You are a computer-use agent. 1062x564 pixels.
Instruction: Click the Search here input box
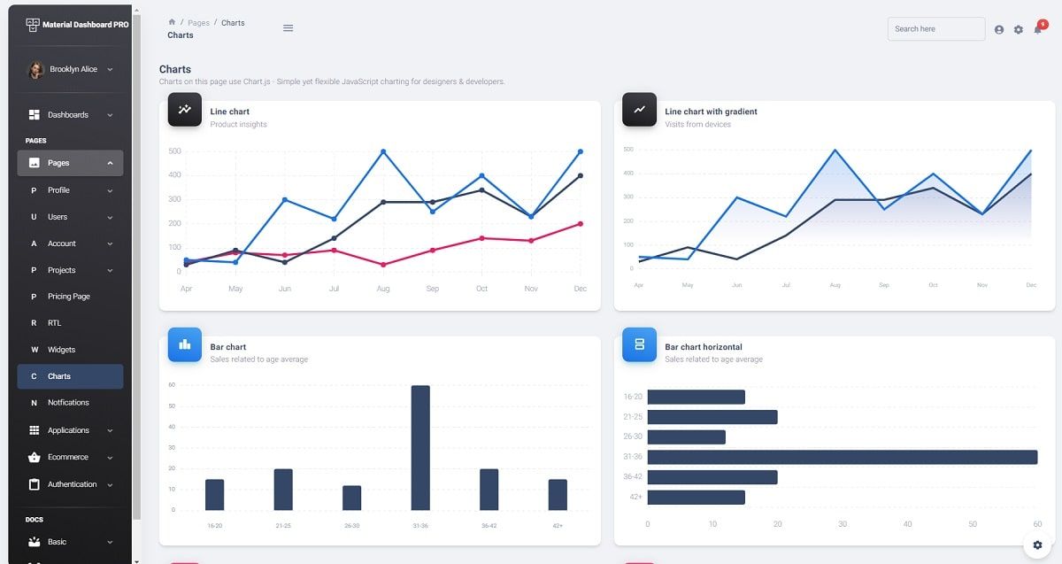click(935, 29)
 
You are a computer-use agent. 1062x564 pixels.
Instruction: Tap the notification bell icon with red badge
click(1038, 29)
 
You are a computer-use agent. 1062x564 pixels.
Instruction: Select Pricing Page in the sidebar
click(69, 297)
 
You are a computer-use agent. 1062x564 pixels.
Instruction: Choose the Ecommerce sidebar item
click(69, 457)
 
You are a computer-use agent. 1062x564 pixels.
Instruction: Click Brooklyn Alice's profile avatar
click(36, 70)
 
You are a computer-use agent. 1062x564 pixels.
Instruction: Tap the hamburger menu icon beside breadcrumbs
click(288, 28)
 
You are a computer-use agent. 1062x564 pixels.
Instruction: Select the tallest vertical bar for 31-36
click(420, 448)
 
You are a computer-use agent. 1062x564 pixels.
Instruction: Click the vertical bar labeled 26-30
click(351, 498)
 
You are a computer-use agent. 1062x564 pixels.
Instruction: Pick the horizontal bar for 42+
click(696, 498)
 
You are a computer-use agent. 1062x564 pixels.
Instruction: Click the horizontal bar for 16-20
click(696, 397)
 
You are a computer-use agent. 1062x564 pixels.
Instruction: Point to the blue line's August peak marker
click(383, 151)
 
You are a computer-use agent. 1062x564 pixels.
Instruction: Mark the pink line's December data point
click(581, 224)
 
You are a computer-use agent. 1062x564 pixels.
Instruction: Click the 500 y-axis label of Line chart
click(174, 151)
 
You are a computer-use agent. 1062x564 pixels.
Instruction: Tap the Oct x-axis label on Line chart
click(481, 289)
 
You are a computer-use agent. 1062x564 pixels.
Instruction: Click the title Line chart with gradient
click(711, 112)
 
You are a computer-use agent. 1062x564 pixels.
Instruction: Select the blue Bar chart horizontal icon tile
click(639, 344)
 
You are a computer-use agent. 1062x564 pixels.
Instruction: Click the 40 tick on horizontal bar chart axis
click(907, 524)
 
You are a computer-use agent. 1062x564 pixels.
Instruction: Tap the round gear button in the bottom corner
click(1038, 545)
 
